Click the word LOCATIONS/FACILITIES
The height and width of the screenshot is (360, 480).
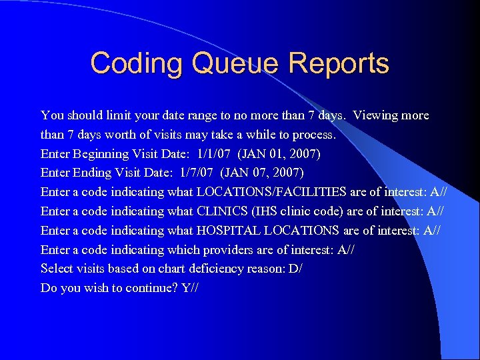tap(271, 192)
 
